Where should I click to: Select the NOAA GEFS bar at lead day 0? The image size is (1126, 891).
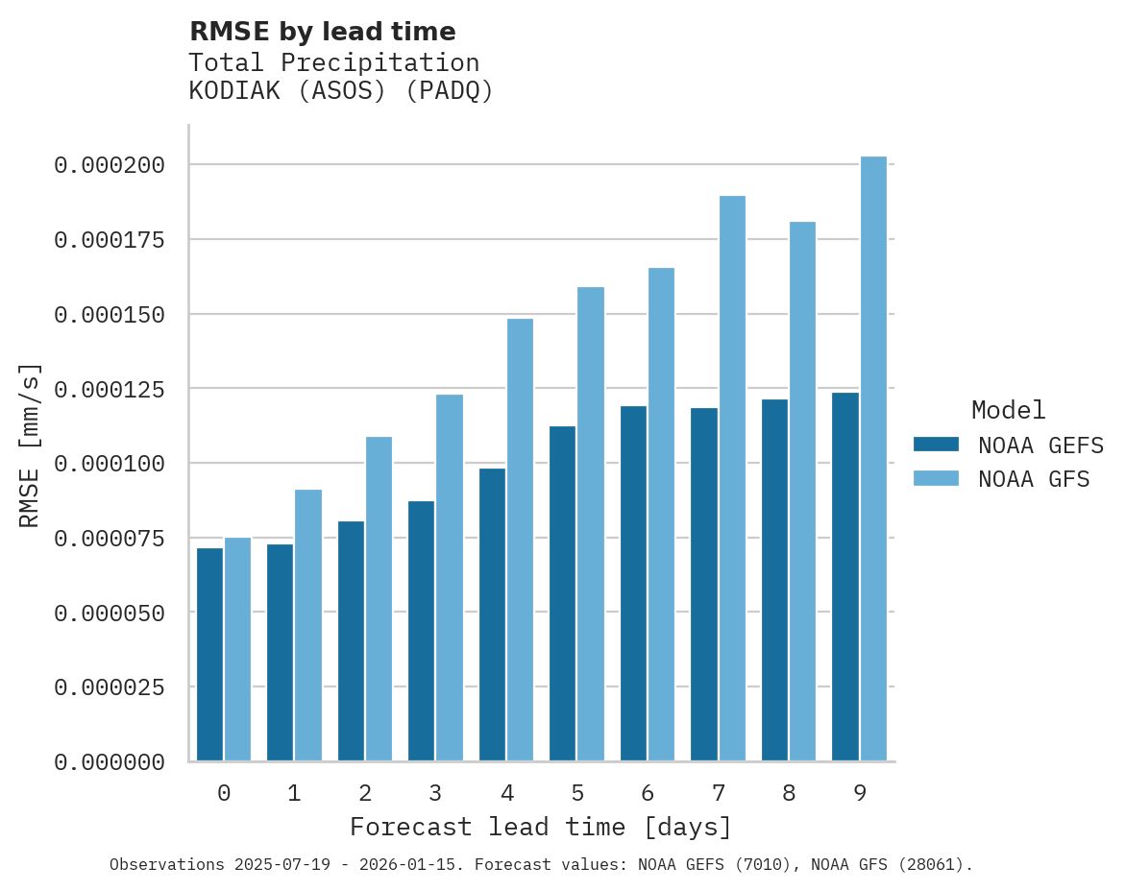[209, 655]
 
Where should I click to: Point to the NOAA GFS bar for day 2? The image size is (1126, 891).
[379, 599]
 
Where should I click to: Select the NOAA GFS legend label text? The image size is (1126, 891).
[1034, 479]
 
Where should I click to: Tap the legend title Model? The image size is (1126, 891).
[1008, 410]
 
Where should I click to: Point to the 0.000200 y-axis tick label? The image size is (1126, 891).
[110, 165]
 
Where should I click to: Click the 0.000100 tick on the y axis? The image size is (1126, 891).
[110, 464]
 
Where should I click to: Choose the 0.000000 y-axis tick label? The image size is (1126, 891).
[110, 762]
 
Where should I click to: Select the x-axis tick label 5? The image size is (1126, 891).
[576, 793]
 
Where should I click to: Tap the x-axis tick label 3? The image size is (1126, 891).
[435, 793]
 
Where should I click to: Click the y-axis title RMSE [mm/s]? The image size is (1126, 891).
[30, 445]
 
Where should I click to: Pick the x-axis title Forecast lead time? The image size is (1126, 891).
[541, 827]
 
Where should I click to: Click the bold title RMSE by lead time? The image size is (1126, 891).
[322, 32]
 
